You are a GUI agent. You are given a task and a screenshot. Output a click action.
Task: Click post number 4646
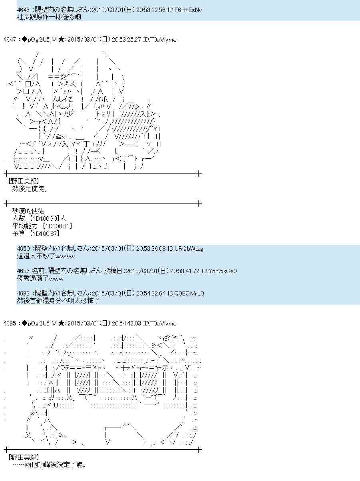coord(24,9)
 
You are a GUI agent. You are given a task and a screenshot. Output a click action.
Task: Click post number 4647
coord(10,39)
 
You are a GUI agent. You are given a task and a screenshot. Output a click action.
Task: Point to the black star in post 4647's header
coord(61,39)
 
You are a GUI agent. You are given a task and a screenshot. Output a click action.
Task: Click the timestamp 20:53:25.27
coord(126,39)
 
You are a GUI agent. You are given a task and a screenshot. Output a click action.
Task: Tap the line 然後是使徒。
coord(30,189)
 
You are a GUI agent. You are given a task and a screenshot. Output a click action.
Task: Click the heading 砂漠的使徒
coord(28,211)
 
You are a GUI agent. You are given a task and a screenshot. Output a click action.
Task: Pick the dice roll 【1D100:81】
coord(57,226)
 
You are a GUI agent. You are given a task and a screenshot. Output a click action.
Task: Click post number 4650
coord(24,249)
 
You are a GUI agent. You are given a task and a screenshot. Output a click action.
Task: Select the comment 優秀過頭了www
coord(40,278)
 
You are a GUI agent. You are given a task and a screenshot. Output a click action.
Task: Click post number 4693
coord(24,293)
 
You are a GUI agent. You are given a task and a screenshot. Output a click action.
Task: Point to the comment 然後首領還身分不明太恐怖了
coord(58,301)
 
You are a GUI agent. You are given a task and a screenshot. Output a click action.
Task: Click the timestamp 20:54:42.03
coord(126,323)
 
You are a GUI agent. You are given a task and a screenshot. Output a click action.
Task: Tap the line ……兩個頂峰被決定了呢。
coord(49,465)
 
